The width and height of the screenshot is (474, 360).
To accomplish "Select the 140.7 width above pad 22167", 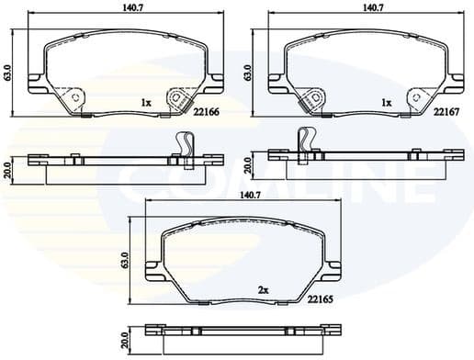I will click(372, 7).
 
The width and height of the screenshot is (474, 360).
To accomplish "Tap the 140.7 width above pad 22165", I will click(250, 196).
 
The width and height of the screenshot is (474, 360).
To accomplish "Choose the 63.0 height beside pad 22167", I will click(249, 72).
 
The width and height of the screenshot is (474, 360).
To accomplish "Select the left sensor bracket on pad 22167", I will click(313, 98).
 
